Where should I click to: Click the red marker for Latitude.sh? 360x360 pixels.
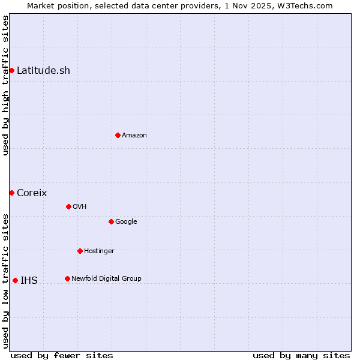coord(11,71)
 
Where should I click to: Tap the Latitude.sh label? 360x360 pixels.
coord(43,71)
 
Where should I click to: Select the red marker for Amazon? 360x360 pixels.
coord(118,135)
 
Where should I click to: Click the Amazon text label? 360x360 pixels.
coord(134,136)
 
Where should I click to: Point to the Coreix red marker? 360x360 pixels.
coord(11,193)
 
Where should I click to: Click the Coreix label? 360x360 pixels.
coord(32,193)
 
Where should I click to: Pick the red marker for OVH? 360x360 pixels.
coord(68,206)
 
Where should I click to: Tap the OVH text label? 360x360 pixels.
coord(80,207)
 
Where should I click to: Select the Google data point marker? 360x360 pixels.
coord(111,221)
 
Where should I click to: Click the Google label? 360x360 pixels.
coord(126,222)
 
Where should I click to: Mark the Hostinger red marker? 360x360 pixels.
coord(80,251)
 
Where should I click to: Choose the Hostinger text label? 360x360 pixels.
coord(99,251)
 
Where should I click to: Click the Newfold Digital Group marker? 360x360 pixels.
coord(67,278)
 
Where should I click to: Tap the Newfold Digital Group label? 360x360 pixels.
coord(106,279)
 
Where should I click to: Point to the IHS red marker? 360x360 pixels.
coord(15,280)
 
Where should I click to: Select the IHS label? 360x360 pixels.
coord(29,281)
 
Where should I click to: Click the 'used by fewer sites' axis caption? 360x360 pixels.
coord(62,356)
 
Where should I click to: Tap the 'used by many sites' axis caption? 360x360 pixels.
coord(301,356)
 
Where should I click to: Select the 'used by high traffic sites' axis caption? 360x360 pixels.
coord(5,85)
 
